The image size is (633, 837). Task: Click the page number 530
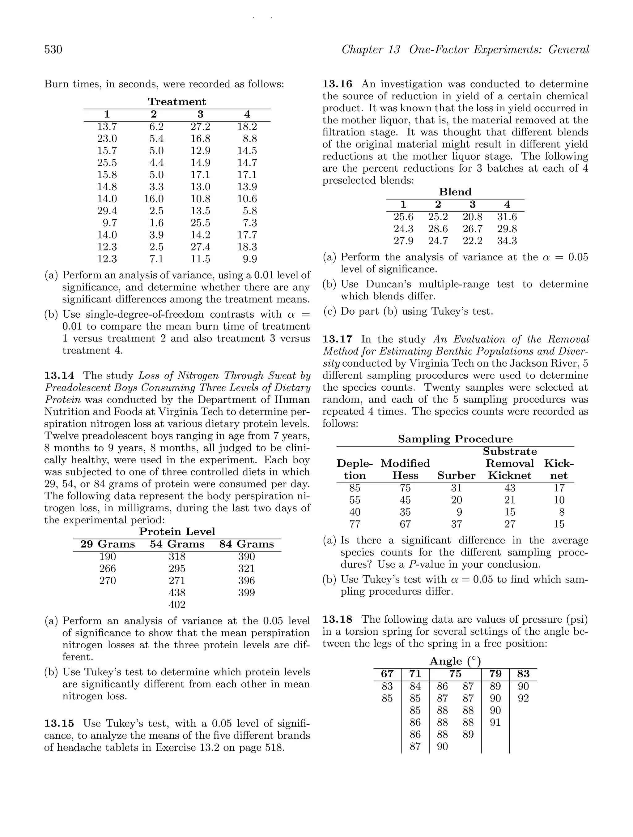tap(53, 49)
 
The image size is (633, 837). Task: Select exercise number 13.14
tap(59, 376)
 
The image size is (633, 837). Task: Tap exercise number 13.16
tap(337, 84)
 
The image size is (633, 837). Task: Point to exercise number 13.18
tap(337, 620)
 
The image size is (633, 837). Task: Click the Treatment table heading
tap(177, 102)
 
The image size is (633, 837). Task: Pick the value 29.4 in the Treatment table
tap(107, 211)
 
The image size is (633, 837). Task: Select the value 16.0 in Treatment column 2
tap(154, 199)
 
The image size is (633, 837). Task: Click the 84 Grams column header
tap(247, 544)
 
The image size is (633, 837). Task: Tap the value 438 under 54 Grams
tap(177, 593)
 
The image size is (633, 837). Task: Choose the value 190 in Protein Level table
tap(107, 557)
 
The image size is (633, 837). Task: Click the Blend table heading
tap(455, 192)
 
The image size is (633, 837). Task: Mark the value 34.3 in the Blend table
tap(507, 241)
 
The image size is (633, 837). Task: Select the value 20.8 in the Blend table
tap(472, 217)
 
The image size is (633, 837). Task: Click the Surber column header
tap(457, 476)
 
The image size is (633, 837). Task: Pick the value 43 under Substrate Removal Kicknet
tap(510, 488)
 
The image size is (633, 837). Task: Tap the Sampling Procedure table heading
tap(455, 439)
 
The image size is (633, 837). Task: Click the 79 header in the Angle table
tap(495, 674)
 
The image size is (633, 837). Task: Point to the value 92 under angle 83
tap(523, 698)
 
